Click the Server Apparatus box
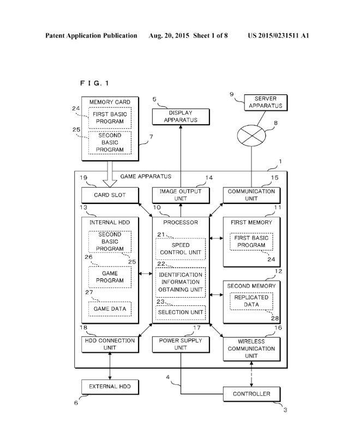[x=266, y=103]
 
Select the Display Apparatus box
[x=181, y=117]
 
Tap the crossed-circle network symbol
[x=251, y=135]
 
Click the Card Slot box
[x=110, y=195]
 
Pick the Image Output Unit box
[x=181, y=195]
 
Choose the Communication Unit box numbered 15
[x=252, y=195]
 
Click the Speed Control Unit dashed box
[x=181, y=249]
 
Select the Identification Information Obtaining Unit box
[x=181, y=282]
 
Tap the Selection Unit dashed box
[x=181, y=312]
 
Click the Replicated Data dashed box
[x=251, y=301]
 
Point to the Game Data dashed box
[x=110, y=309]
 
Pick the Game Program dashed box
[x=110, y=277]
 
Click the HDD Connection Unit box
[x=110, y=345]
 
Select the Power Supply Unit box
[x=181, y=345]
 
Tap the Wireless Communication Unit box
[x=252, y=349]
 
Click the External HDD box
[x=110, y=387]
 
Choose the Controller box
[x=252, y=394]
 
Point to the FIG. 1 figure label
[x=94, y=83]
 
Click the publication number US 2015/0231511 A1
[x=278, y=35]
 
